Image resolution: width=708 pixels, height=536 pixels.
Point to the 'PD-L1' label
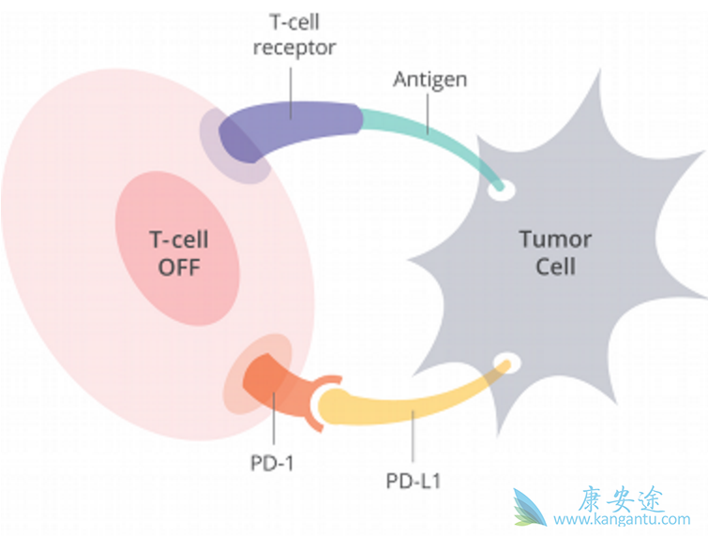[414, 482]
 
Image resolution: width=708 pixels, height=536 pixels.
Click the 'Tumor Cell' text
[555, 253]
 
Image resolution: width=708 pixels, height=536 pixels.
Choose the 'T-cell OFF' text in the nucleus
[179, 253]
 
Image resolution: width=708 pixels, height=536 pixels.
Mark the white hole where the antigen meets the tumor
[504, 191]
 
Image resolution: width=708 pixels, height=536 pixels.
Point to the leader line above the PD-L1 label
[414, 446]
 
